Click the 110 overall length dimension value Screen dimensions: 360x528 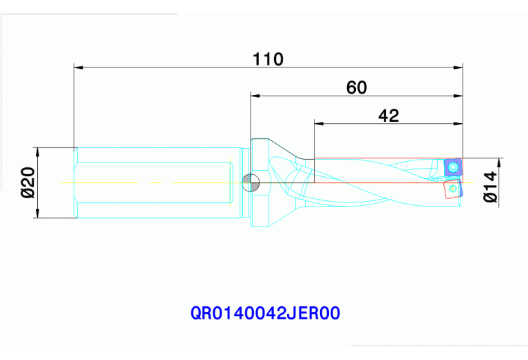tap(268, 59)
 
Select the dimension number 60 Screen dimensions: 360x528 tap(357, 87)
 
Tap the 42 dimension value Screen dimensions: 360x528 tap(388, 116)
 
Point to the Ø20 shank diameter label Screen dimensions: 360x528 tap(28, 183)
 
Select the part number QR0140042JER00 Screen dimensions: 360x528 tap(266, 314)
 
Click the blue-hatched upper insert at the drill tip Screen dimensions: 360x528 tap(452, 167)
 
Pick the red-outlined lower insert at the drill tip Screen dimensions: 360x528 tap(452, 189)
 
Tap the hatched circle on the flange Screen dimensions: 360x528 tap(251, 182)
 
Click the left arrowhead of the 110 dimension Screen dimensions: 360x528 tap(78, 67)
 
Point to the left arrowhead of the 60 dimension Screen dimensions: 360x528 tap(255, 95)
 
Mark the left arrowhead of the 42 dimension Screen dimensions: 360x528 tap(319, 124)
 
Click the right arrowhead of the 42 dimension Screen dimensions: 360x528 tap(458, 124)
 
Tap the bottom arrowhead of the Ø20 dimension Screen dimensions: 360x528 tap(39, 215)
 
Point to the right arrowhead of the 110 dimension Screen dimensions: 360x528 tap(458, 67)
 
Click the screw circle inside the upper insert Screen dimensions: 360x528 tap(453, 167)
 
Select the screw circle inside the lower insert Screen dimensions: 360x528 tap(452, 188)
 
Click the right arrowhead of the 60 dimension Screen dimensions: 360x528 tap(458, 95)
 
